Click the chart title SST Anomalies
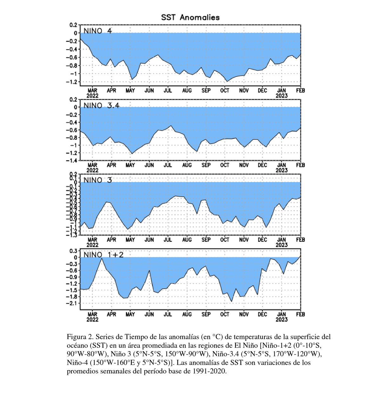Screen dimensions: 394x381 click(190, 17)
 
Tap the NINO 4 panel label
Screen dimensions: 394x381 click(97, 31)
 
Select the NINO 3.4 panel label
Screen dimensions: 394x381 click(101, 106)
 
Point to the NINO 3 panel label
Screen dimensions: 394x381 click(97, 180)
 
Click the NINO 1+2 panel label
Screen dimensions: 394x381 click(103, 255)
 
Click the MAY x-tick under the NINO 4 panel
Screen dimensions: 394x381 click(130, 90)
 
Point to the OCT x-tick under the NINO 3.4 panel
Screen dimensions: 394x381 click(225, 165)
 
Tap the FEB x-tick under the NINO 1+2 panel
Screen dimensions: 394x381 click(300, 314)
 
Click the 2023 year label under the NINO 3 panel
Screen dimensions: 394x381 click(281, 245)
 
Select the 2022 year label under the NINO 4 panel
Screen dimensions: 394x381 click(92, 95)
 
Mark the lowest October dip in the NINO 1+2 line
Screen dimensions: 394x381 click(231, 301)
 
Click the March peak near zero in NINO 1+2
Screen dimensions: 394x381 click(102, 259)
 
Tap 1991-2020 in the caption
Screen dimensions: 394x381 click(208, 371)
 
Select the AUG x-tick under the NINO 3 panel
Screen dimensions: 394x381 click(187, 240)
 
